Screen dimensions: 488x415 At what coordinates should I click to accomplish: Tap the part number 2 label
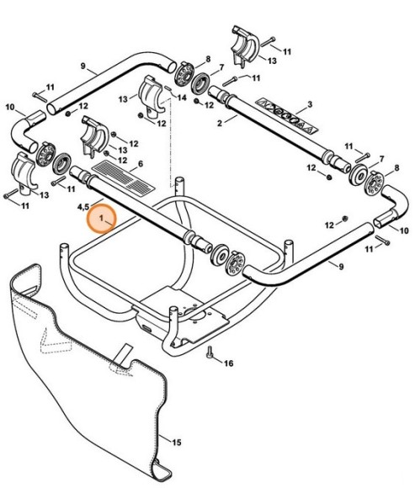tap(221, 122)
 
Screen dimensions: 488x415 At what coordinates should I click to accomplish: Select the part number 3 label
tap(310, 103)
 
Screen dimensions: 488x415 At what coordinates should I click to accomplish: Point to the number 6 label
tap(140, 163)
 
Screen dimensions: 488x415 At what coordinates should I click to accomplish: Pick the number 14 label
tap(180, 98)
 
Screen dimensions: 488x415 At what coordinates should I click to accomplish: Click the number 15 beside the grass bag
tap(177, 441)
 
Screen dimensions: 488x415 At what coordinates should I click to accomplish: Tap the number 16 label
tap(228, 363)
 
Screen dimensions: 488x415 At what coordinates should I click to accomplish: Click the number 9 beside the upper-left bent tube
tap(82, 66)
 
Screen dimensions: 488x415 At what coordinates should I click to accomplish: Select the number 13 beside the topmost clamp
tap(271, 61)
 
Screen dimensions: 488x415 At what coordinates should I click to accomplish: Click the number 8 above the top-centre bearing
tap(208, 58)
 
